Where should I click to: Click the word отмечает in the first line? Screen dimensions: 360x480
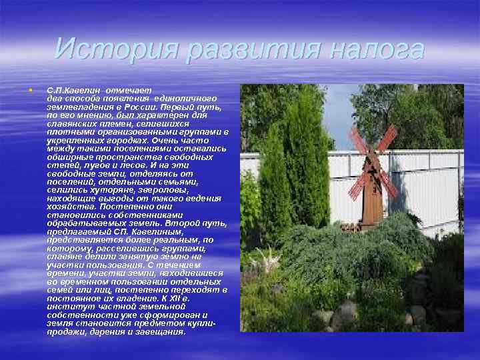[x=131, y=89]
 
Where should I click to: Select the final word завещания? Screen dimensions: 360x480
[x=159, y=331]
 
